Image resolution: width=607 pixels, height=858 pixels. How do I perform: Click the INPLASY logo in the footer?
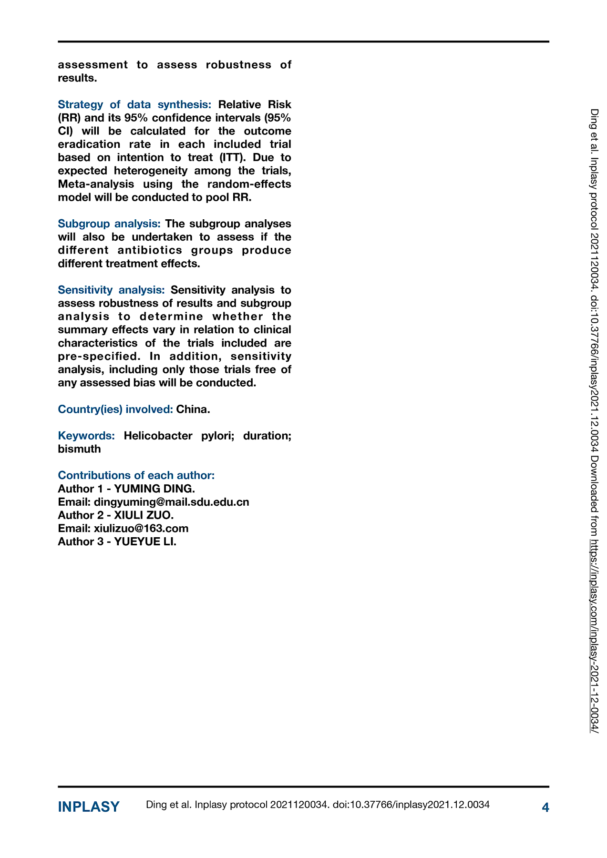pyautogui.click(x=89, y=807)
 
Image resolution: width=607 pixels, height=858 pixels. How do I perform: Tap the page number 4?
pyautogui.click(x=545, y=807)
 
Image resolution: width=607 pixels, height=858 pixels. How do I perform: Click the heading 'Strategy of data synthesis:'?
pyautogui.click(x=134, y=104)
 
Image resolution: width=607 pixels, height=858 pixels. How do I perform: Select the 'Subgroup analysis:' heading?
pyautogui.click(x=109, y=224)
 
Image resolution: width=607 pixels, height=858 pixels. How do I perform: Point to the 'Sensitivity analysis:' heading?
pyautogui.click(x=111, y=290)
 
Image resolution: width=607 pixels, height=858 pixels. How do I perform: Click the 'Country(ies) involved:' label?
pyautogui.click(x=115, y=409)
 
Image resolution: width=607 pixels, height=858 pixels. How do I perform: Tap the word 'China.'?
pyautogui.click(x=193, y=409)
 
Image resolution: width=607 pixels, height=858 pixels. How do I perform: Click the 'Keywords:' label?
pyautogui.click(x=86, y=436)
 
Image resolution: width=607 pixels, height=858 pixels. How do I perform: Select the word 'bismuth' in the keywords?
pyautogui.click(x=79, y=449)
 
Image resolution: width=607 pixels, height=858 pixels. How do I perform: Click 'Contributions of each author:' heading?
pyautogui.click(x=136, y=475)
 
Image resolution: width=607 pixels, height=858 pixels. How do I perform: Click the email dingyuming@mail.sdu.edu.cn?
pyautogui.click(x=172, y=502)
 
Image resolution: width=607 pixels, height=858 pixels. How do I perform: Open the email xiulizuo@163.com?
pyautogui.click(x=141, y=528)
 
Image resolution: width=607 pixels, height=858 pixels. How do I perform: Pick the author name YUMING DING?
pyautogui.click(x=154, y=489)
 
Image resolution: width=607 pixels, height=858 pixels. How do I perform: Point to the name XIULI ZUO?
pyautogui.click(x=144, y=515)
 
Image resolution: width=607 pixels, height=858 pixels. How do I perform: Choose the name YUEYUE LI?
pyautogui.click(x=145, y=541)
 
